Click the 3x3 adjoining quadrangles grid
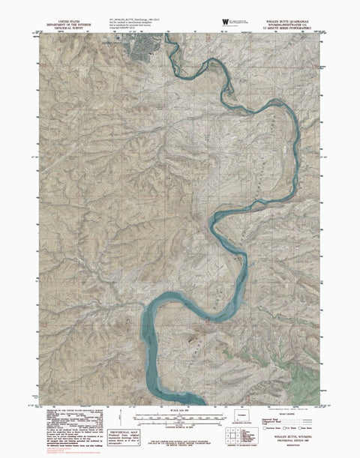pyautogui.click(x=229, y=433)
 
